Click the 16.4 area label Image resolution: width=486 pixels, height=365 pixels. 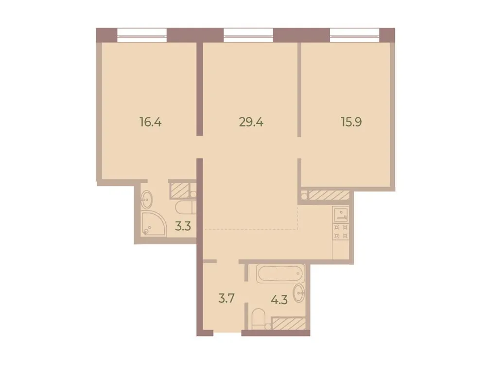point(150,122)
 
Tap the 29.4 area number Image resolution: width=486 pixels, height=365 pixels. point(251,122)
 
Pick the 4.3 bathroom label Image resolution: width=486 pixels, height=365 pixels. point(279,299)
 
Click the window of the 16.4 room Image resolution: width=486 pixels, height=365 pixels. point(142,34)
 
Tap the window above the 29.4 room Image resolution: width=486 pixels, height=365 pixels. point(249,34)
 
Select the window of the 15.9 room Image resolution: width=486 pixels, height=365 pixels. point(354,34)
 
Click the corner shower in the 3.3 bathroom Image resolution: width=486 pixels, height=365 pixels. point(153,224)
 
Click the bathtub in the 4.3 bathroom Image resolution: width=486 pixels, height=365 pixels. point(281,274)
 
